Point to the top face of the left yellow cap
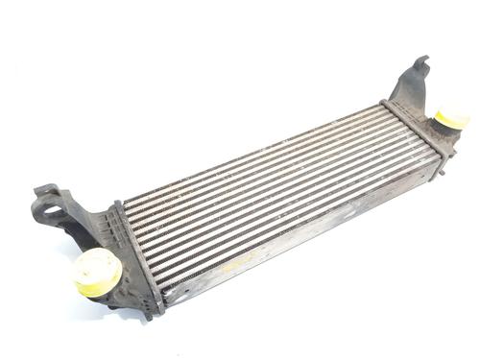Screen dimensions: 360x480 click(x=95, y=263)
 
